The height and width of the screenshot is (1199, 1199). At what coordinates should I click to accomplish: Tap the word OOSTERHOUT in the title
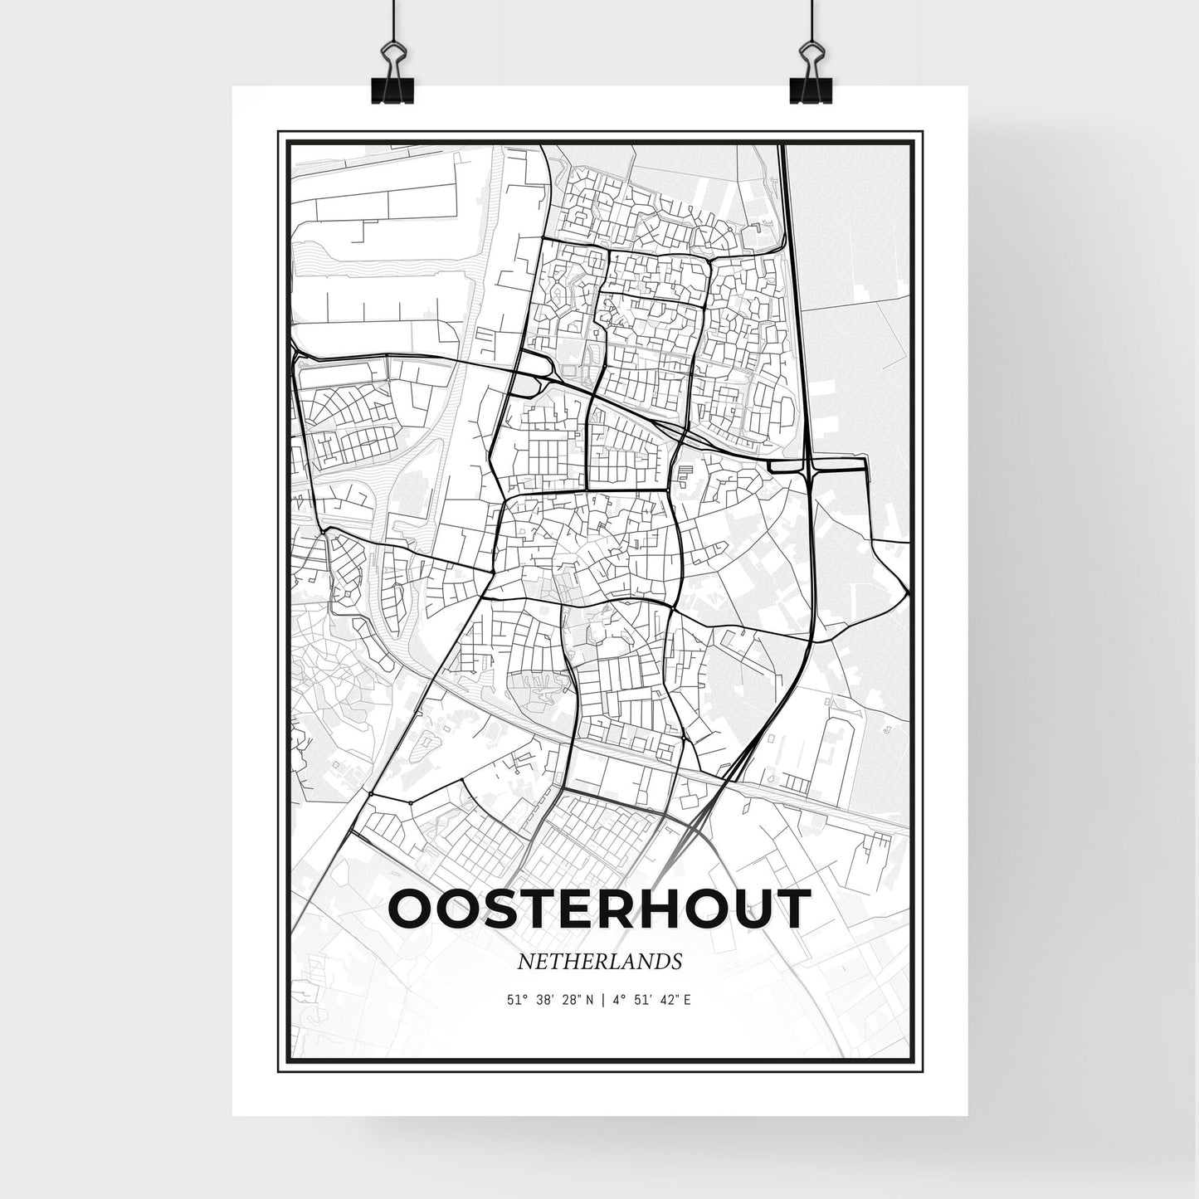(x=597, y=908)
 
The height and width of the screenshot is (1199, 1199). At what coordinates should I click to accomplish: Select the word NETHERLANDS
(x=599, y=962)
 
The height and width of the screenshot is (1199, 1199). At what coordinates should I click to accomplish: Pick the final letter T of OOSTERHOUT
(x=791, y=908)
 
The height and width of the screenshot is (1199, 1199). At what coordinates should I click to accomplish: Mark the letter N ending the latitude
(x=589, y=1001)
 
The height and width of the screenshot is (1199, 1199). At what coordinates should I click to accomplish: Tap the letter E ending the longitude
(x=689, y=1001)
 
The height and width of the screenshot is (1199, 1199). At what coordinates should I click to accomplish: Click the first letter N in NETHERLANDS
(x=524, y=962)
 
